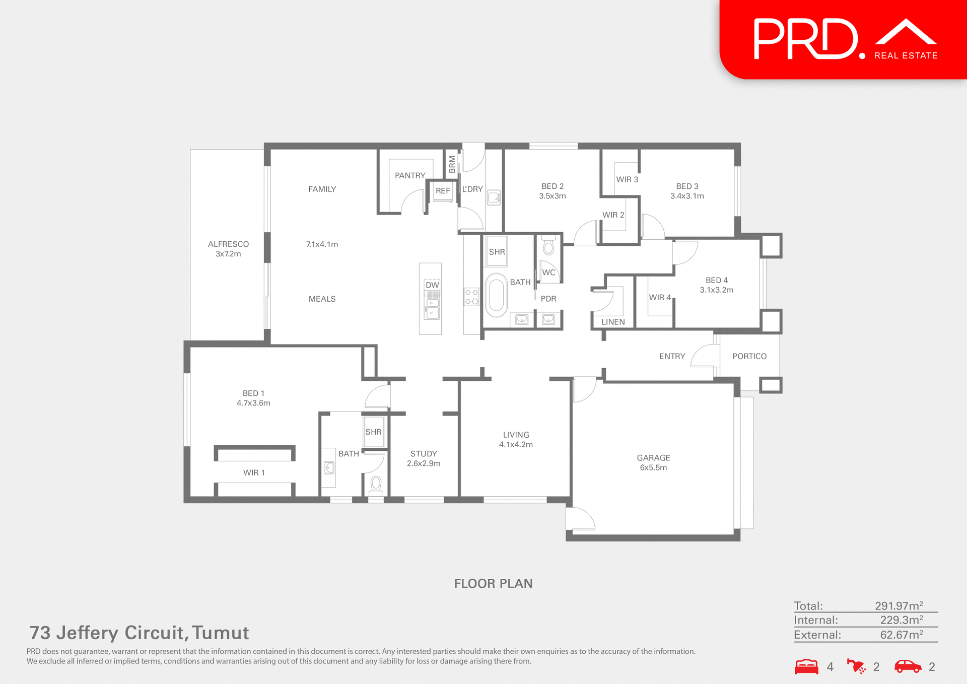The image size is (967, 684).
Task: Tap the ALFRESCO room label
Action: coord(228,244)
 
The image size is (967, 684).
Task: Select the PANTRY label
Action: coord(410,176)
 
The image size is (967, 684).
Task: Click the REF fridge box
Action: coord(443,191)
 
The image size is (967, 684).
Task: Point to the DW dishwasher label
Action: coord(432,285)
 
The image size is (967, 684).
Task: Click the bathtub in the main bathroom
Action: coord(496,295)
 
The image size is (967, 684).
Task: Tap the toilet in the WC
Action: coord(548,247)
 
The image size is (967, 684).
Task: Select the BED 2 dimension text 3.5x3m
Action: coord(552,196)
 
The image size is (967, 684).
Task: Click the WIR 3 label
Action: coord(627,180)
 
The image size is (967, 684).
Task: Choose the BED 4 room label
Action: coord(716,280)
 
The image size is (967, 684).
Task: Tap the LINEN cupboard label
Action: coord(613,322)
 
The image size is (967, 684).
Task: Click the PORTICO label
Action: coord(749,356)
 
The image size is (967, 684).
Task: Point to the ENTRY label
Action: coord(672,356)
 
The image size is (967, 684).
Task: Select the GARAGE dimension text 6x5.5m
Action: coord(653,467)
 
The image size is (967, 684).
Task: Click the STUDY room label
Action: coord(424,454)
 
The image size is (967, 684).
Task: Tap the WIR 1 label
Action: coord(254,472)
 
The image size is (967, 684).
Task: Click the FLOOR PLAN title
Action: coord(493,583)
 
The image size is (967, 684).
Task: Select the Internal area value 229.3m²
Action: coord(901,620)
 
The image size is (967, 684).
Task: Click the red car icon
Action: coord(908,666)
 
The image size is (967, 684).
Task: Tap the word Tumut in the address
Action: coord(220,633)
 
